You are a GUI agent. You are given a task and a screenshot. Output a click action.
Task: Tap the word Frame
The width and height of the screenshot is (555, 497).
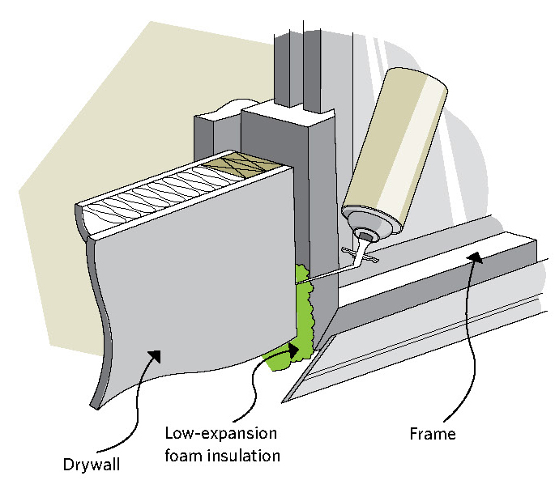click(432, 434)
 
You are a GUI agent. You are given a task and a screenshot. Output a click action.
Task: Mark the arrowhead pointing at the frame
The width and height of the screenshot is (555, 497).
click(472, 257)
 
